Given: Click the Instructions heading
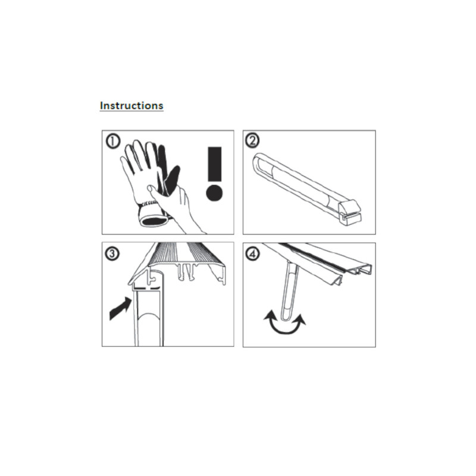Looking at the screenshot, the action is pos(131,106).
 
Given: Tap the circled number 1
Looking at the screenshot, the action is pos(113,142).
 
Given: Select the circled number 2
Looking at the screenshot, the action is pos(252,140).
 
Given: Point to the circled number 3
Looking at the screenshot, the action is pos(112,253).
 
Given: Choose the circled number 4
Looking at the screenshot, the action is pos(252,254).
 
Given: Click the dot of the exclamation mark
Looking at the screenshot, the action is pos(214,193).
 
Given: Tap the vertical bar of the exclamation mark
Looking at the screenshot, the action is pos(215,164).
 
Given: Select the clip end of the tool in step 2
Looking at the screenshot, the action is pos(350,212).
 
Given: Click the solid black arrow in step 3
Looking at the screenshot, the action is pos(121,308).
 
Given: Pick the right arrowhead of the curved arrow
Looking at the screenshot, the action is pos(300,319).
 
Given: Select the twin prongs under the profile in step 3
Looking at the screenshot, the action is pos(186,272).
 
